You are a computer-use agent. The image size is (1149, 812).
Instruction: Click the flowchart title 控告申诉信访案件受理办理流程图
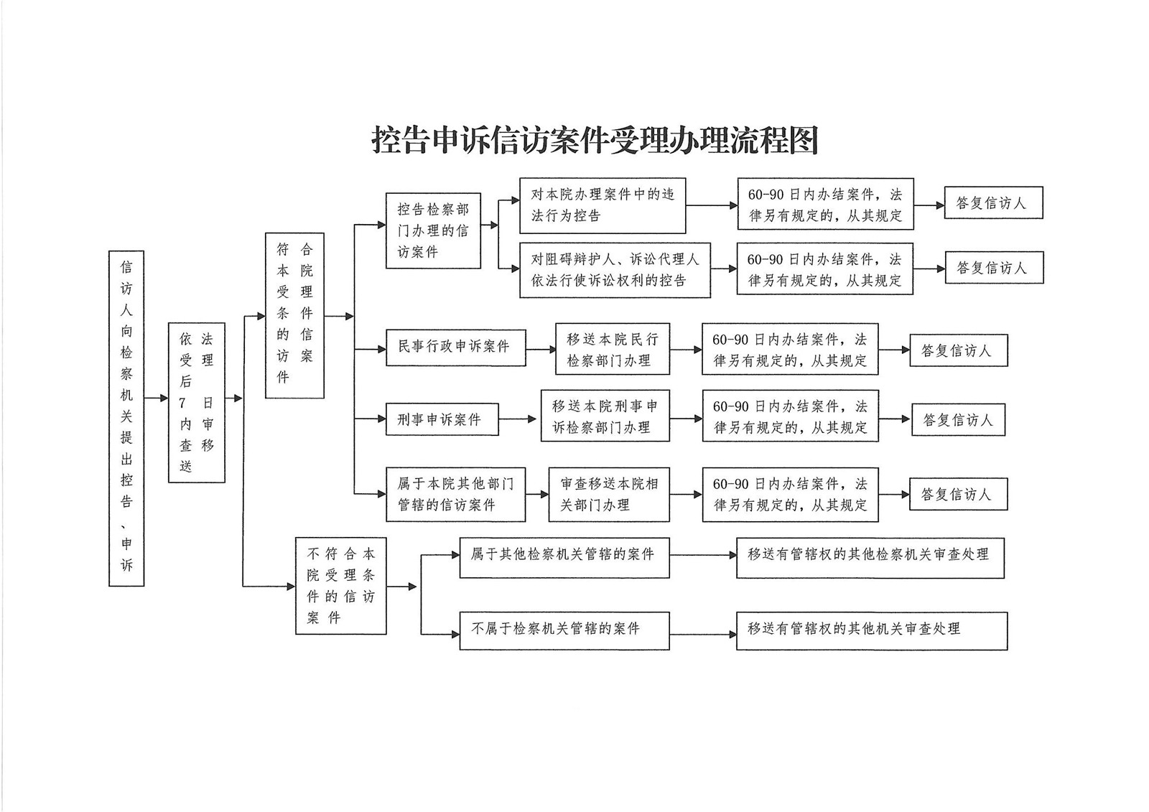595,141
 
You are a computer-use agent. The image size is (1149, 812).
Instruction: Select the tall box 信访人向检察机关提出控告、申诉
126,418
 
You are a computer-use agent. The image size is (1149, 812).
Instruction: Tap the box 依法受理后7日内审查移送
196,402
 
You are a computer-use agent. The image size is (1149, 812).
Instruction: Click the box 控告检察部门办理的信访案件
433,230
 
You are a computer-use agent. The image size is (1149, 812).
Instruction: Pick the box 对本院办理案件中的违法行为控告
603,205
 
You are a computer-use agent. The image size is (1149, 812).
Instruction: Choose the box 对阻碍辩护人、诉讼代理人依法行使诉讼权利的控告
615,270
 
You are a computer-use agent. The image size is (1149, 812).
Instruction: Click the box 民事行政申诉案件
455,347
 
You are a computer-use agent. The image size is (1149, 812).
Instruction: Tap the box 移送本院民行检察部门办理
612,350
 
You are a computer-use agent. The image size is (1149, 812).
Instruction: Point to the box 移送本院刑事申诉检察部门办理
605,416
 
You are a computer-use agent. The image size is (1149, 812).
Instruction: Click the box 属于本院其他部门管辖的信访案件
455,494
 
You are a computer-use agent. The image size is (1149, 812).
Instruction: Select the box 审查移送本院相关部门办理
609,494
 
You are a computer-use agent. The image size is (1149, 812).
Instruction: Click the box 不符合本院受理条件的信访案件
340,586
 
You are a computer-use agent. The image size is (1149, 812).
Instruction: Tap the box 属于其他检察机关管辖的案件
564,557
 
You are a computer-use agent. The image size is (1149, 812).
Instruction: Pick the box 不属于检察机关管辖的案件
564,630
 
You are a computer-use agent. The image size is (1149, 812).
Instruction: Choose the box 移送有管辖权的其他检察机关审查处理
870,557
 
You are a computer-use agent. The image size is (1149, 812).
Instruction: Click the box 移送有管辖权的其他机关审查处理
871,630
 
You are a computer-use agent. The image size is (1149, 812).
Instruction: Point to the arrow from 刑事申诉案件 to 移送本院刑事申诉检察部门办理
518,419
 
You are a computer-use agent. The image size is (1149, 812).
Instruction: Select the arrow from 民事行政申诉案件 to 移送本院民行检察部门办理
540,349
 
